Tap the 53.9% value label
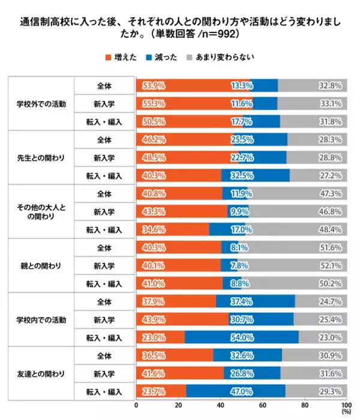pyautogui.click(x=154, y=85)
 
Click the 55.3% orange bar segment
pyautogui.click(x=194, y=103)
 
